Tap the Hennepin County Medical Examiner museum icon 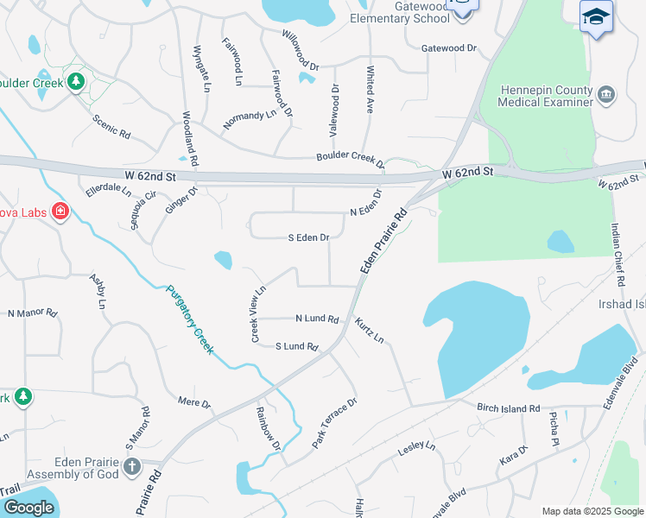coord(606,93)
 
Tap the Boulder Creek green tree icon coord(77,81)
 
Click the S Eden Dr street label coord(308,237)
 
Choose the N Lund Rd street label coord(316,319)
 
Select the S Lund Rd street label coord(297,346)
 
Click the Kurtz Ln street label coord(370,330)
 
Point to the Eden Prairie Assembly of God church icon coord(132,467)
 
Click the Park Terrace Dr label coord(334,422)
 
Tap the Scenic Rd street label coord(111,128)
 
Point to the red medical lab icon coord(60,211)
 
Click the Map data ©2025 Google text coord(592,511)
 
